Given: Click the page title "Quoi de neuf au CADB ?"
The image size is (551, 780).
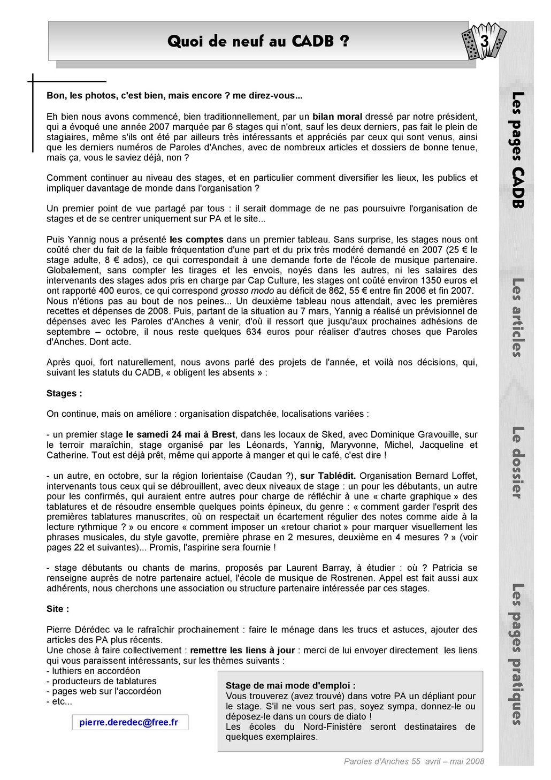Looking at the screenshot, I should coord(258,41).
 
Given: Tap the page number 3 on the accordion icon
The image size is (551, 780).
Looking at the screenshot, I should coord(484,41).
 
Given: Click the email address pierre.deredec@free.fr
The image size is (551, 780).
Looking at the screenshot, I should coord(128,722).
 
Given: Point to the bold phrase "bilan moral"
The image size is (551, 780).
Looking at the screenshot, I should coord(337,117).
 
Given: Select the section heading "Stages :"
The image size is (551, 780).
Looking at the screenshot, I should coord(64,394).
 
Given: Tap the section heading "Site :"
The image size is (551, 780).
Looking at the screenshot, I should coord(58,609).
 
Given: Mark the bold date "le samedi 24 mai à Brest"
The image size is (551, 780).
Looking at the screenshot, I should coord(181,434).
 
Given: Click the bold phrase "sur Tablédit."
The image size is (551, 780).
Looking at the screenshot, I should coord(328,476).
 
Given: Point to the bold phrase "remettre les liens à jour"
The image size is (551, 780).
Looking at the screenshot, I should coord(242,651).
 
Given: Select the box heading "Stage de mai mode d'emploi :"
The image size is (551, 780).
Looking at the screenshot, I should coord(290,686).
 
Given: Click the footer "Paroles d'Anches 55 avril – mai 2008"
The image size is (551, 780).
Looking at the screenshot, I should coord(414,761).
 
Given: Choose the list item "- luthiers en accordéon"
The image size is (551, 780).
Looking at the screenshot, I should coord(93,671).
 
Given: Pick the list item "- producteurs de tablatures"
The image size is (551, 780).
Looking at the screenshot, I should coord(102,681).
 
